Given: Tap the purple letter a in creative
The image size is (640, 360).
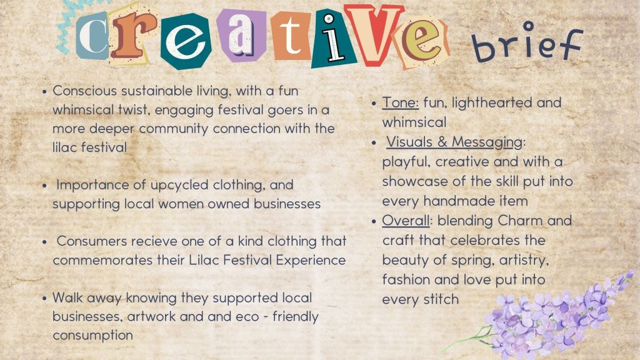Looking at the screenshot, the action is coord(242,35).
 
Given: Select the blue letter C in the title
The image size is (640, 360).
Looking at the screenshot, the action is coord(92,36).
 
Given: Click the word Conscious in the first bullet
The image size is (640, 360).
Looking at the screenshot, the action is coord(85,91).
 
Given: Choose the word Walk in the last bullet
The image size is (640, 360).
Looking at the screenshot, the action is coord(67,297).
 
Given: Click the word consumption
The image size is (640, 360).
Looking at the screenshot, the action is coord(92,336).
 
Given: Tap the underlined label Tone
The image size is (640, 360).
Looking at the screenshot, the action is coord(400,102).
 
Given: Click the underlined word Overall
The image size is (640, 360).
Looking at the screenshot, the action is coord(406,221).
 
